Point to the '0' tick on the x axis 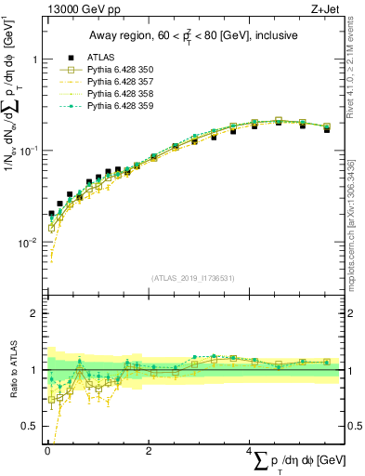pyautogui.click(x=46, y=450)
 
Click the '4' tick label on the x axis pyautogui.click(x=249, y=450)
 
